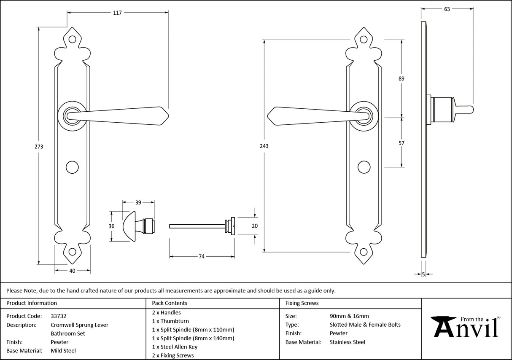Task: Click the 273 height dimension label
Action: [x=39, y=147]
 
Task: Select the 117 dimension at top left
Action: [x=117, y=13]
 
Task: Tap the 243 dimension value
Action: [x=264, y=146]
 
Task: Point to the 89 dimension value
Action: [x=401, y=78]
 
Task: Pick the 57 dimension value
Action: [x=401, y=143]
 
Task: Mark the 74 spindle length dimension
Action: [x=202, y=257]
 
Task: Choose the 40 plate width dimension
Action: [x=72, y=271]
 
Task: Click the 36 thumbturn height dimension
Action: [x=112, y=226]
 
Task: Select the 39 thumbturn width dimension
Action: [x=138, y=203]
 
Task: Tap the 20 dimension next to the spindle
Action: [x=254, y=226]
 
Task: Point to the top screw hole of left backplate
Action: [x=73, y=40]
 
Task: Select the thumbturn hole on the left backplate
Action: [x=73, y=167]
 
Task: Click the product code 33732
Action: [x=58, y=316]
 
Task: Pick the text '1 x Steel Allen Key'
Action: [x=175, y=347]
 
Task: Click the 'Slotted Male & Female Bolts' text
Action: [x=365, y=325]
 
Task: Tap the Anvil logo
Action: [x=466, y=328]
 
